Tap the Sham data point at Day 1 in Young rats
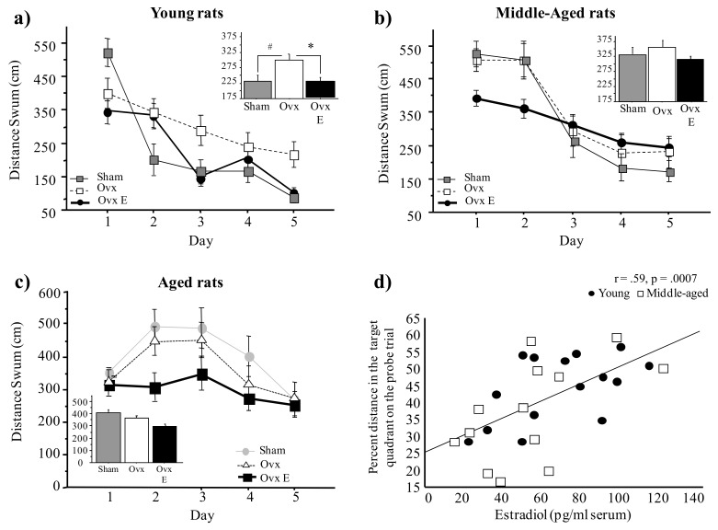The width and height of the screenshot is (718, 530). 108,53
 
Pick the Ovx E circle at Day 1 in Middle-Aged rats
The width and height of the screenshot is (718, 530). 476,98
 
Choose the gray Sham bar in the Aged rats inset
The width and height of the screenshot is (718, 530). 108,436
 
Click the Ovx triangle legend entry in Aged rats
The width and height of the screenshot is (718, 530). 268,465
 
